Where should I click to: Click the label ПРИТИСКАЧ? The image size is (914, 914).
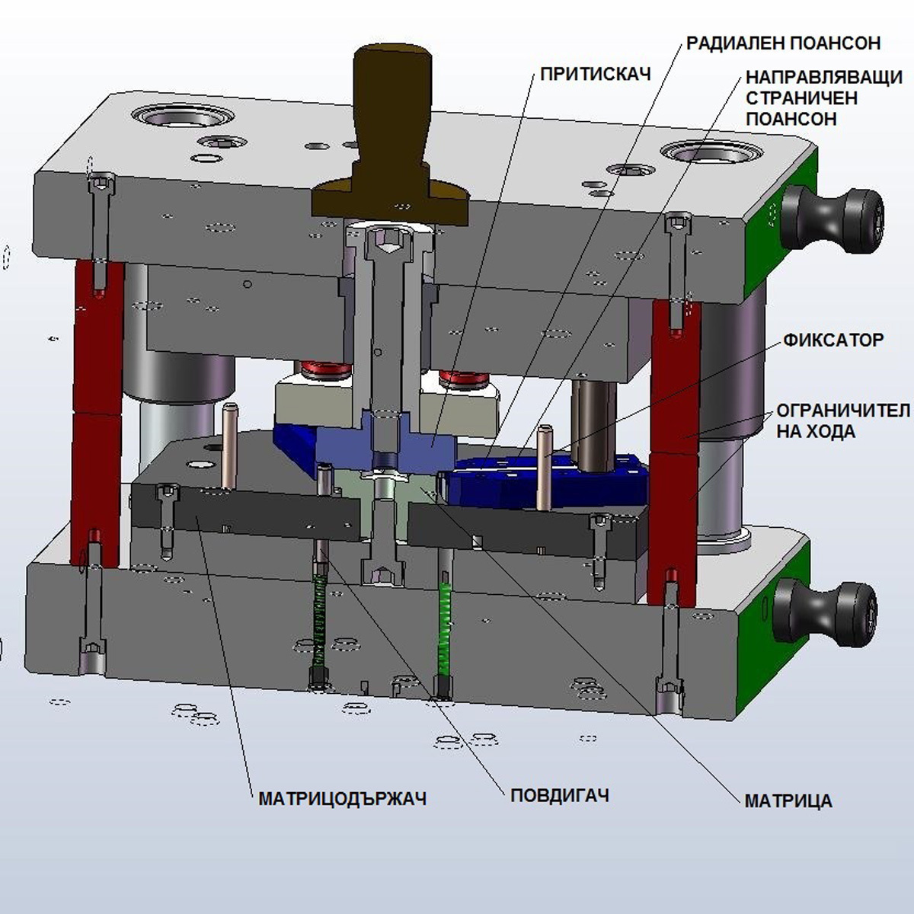click(x=595, y=74)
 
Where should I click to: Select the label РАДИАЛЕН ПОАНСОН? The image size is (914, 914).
click(x=783, y=43)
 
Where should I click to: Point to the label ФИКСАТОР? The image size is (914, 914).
click(x=833, y=340)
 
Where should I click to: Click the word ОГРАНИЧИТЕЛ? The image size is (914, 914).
click(x=843, y=411)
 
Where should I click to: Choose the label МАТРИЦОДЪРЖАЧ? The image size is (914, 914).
click(x=342, y=798)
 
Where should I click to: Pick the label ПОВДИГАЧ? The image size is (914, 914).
click(x=560, y=796)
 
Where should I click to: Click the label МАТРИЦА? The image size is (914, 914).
click(x=788, y=801)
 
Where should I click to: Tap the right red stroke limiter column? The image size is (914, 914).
click(x=674, y=449)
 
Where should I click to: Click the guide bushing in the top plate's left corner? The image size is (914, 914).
click(x=184, y=116)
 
